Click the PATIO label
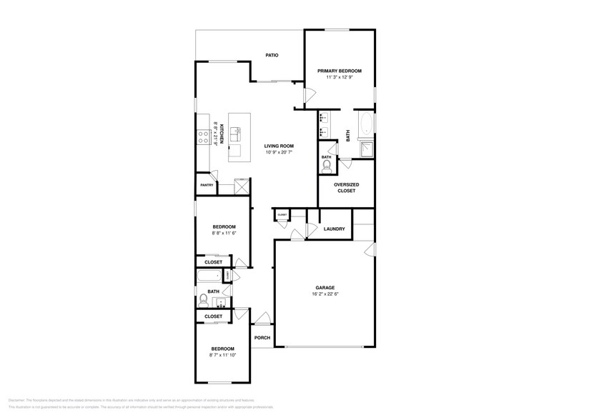click(x=272, y=55)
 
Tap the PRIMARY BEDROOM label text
click(x=340, y=71)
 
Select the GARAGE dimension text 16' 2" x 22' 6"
click(x=325, y=294)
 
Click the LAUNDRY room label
click(x=334, y=229)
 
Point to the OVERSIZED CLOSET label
click(x=346, y=188)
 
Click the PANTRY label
click(x=206, y=185)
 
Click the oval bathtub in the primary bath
click(x=366, y=124)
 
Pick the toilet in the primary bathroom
click(x=327, y=166)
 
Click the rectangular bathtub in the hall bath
click(x=210, y=276)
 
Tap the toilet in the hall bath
click(x=203, y=301)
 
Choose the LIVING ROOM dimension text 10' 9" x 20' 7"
click(x=279, y=152)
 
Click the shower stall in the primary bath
click(x=366, y=149)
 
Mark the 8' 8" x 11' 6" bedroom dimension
click(x=223, y=233)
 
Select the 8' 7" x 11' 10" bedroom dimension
click(x=222, y=355)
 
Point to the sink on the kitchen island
click(x=237, y=134)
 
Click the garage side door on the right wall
click(x=370, y=249)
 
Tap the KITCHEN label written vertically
click(x=222, y=134)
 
